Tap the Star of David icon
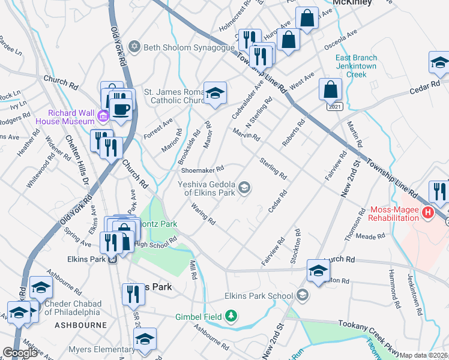coord(135,47)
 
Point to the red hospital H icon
coord(427,212)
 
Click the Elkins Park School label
coord(259,295)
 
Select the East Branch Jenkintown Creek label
coord(360,66)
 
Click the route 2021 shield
coord(334,106)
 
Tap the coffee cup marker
coord(122,109)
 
